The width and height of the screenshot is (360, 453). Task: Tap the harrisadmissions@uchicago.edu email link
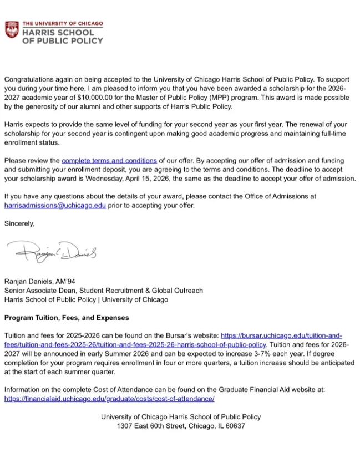tap(54, 205)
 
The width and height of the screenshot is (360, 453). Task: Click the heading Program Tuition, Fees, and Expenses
tap(66, 318)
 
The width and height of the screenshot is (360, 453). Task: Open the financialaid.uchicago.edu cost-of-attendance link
tap(109, 399)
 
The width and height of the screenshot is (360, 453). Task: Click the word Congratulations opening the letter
tap(28, 79)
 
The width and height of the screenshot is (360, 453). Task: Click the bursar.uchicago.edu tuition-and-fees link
tap(281, 336)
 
